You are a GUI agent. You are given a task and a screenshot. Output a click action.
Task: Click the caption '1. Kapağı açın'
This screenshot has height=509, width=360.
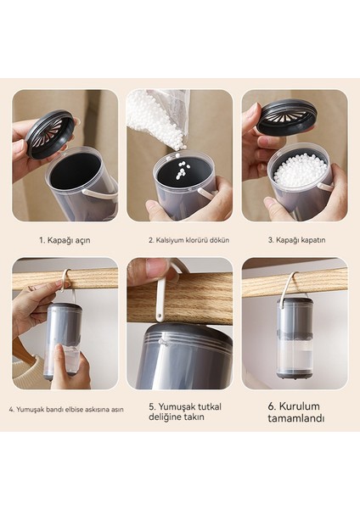65,241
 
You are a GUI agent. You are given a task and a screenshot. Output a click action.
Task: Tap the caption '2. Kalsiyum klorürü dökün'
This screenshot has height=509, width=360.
189,240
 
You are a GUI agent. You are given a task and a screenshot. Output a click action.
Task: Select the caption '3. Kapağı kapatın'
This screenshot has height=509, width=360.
296,240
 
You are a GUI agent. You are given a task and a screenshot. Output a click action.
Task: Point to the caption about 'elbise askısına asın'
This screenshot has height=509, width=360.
66,410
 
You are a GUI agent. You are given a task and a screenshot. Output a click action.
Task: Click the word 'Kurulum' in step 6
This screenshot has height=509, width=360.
299,406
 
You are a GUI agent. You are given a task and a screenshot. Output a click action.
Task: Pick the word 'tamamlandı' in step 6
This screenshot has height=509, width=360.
296,418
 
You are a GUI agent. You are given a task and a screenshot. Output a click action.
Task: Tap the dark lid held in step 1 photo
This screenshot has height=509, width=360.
49,133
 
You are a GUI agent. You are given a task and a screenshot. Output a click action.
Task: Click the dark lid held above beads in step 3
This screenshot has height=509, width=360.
286,116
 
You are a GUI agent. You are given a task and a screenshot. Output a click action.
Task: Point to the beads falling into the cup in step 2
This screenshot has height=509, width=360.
180,167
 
